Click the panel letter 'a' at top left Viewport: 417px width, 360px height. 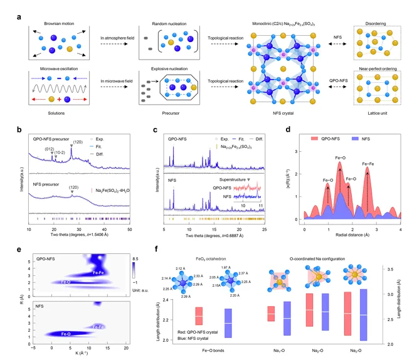(20, 12)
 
